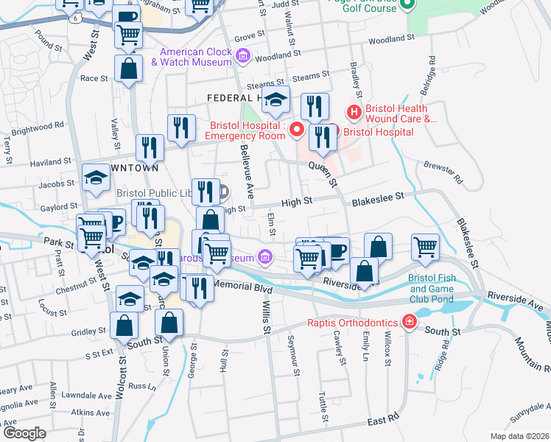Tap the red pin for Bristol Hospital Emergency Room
297,130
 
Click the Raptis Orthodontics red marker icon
407,322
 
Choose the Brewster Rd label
448,172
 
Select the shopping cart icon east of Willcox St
426,248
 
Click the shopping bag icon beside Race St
128,69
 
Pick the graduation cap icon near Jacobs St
96,178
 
